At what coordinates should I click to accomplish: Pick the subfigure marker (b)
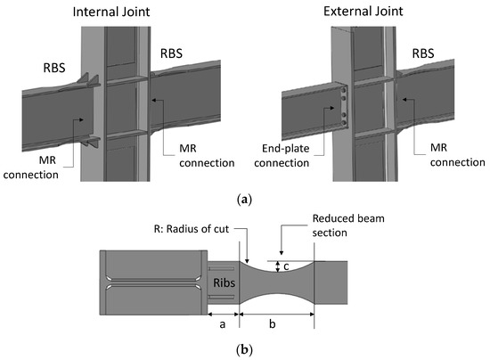(245, 350)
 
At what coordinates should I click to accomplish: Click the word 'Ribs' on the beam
(222, 282)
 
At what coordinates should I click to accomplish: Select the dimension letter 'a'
(223, 325)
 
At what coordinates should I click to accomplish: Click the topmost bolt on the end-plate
(340, 88)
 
